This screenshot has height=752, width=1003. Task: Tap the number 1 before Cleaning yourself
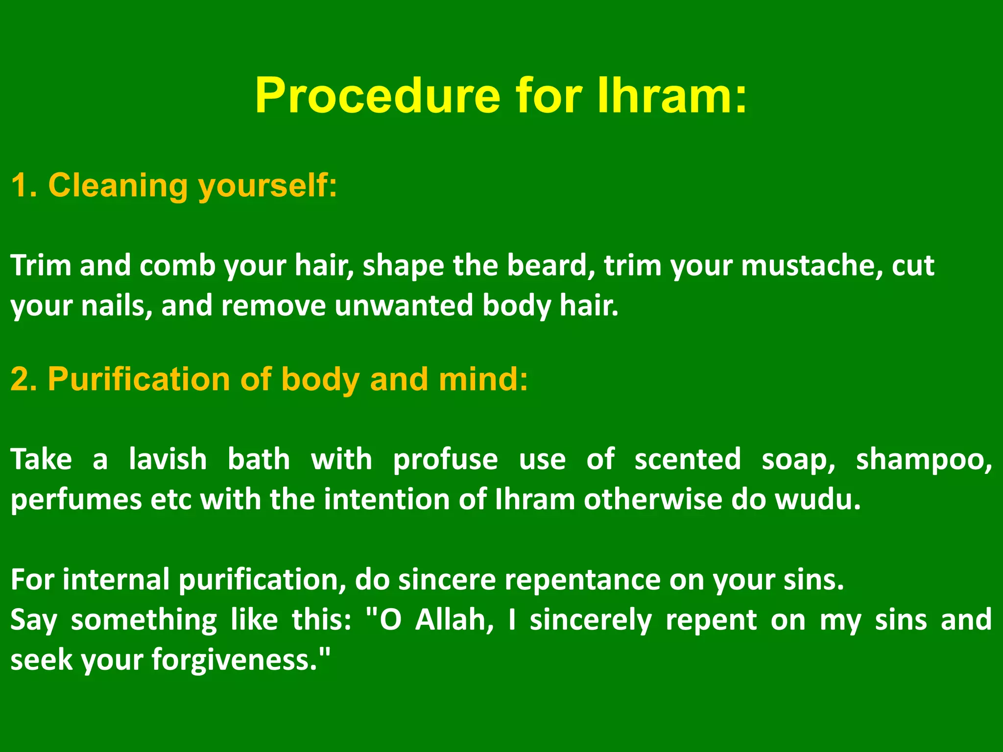pos(23,186)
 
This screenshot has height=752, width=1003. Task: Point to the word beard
pos(547,266)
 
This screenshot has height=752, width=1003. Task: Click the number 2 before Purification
pos(23,379)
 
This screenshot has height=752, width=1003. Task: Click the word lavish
pos(167,460)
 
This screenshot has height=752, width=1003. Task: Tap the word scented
pos(687,460)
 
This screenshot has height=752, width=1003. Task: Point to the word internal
pos(116,580)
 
